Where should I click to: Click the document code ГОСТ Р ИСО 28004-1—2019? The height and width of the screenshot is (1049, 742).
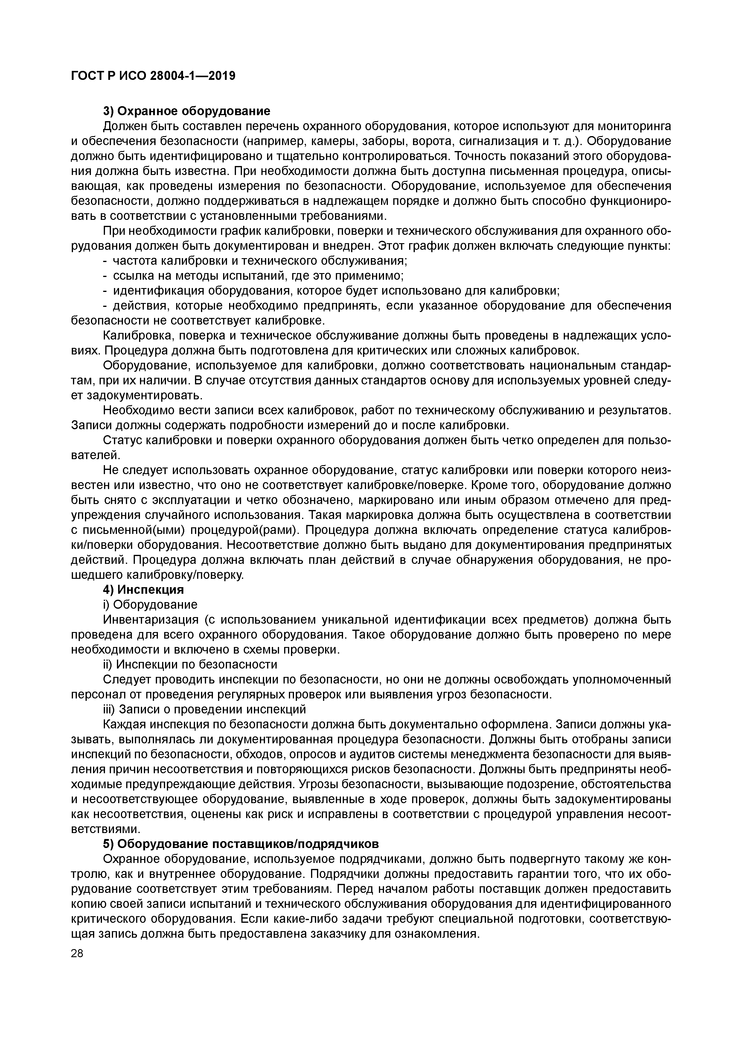[153, 75]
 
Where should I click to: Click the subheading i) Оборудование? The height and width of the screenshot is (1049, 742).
[150, 605]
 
